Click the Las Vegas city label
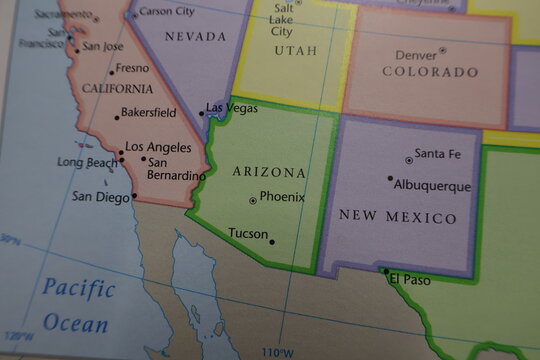230,107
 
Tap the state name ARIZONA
269,172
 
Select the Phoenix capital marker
252,201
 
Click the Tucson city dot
272,241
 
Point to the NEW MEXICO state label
398,217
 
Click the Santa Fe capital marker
409,160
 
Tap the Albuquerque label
433,186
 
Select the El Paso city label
410,280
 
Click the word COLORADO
431,72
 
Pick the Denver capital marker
443,50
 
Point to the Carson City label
168,11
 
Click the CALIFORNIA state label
117,89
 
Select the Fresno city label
132,69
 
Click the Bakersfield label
148,113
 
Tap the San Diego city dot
135,196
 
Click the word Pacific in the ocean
79,288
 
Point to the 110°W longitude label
277,352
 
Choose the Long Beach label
87,162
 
